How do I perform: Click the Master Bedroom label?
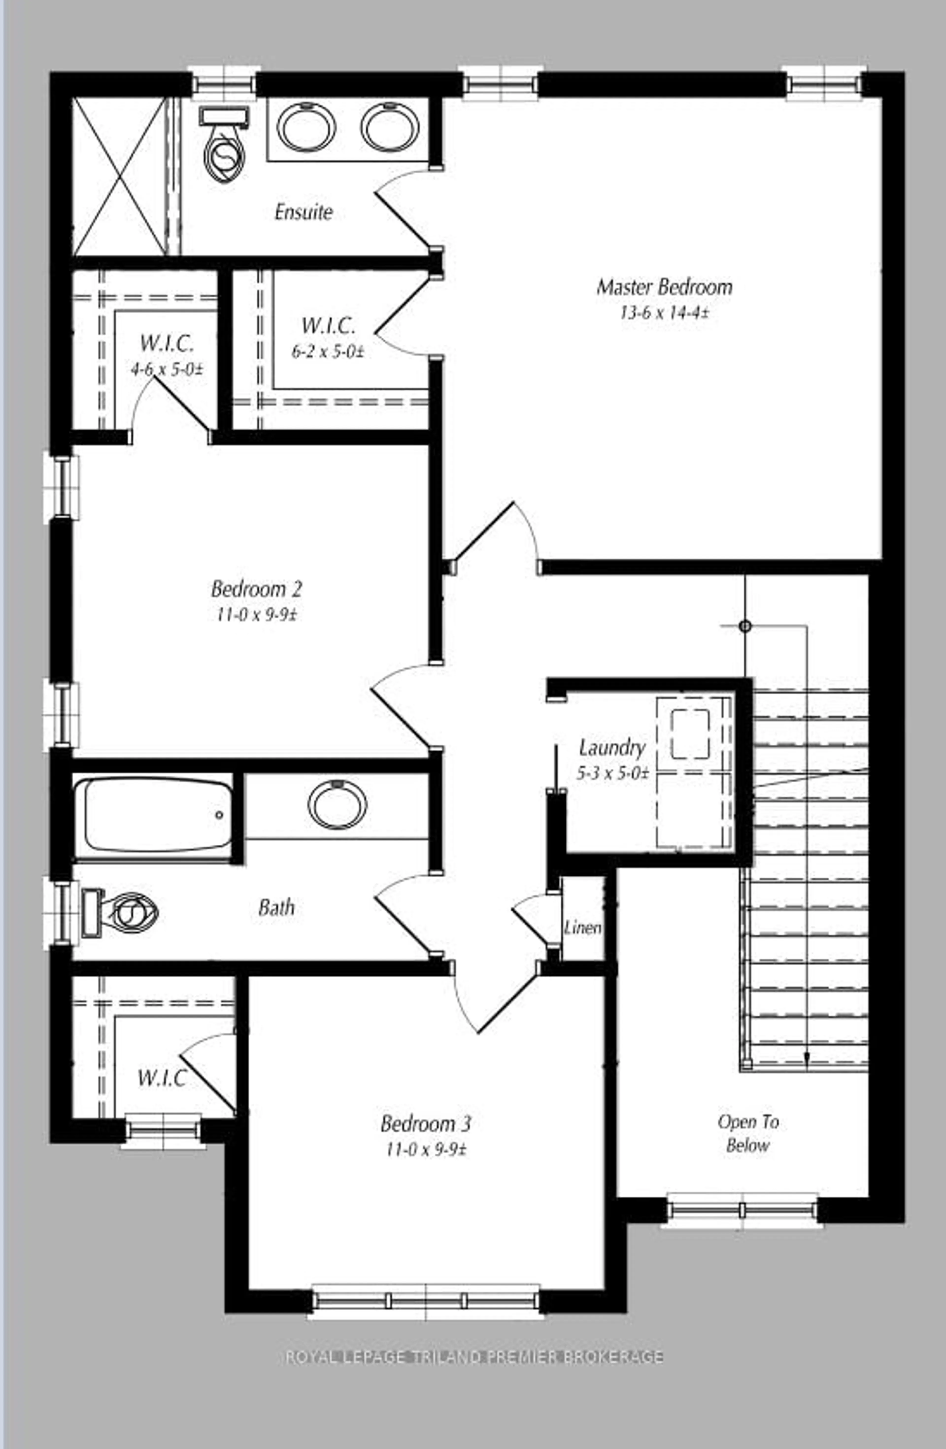click(664, 287)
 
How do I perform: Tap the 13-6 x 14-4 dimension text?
click(664, 313)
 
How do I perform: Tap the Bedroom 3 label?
click(426, 1123)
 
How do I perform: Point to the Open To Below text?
click(748, 1134)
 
